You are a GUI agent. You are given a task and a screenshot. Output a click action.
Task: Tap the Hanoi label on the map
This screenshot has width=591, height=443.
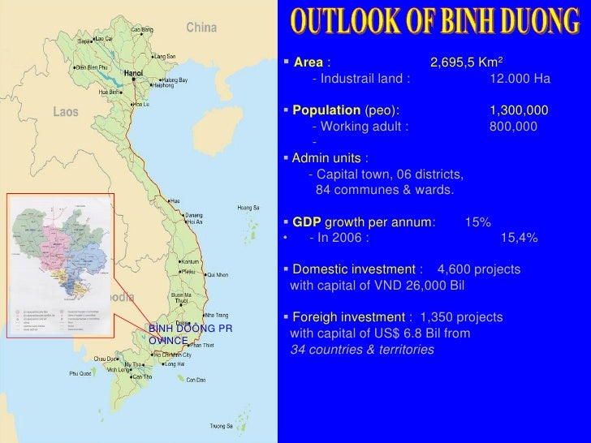coord(134,72)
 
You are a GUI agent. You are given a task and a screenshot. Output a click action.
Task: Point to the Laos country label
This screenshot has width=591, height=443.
coord(65,112)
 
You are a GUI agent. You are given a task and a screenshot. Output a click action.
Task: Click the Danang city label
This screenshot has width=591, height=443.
coord(193,213)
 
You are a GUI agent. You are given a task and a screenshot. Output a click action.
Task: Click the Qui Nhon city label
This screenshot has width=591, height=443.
coord(222,275)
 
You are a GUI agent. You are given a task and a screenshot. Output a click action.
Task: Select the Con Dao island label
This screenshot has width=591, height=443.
coord(196,380)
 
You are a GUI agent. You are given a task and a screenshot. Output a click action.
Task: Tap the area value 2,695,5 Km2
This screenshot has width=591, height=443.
coord(467,62)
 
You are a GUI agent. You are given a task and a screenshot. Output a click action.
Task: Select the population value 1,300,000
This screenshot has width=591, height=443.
coord(519,110)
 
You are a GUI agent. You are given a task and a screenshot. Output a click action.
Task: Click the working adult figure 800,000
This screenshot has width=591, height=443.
coord(512,126)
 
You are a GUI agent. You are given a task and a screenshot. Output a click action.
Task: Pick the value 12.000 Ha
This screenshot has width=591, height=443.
coord(520,79)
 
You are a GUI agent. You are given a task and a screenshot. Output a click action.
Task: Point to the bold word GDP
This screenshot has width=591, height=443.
coord(306,221)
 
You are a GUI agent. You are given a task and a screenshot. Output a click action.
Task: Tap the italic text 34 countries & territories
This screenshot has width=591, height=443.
coord(362,350)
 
